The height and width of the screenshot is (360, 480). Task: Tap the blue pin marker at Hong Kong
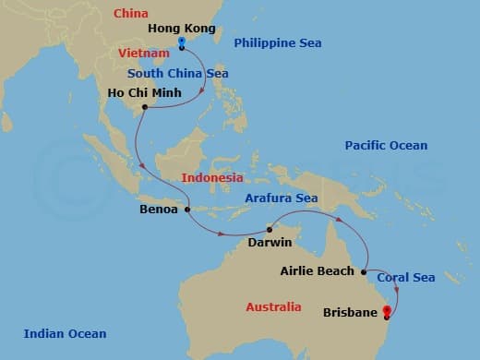(181, 43)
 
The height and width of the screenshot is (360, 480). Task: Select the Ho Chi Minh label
(114, 93)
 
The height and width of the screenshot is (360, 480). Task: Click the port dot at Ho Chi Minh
(145, 108)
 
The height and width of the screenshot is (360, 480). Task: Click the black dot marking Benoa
(187, 210)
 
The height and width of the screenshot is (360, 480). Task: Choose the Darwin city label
(270, 243)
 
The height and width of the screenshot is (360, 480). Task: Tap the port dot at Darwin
(270, 228)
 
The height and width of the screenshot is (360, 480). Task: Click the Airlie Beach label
(317, 271)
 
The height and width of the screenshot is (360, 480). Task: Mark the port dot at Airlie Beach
(367, 270)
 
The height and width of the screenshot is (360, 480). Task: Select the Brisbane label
(351, 313)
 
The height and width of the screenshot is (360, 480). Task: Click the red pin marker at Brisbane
(386, 310)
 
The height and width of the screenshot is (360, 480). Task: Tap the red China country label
(129, 14)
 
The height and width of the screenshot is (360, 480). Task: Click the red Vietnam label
(144, 54)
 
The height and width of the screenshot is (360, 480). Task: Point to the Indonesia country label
(212, 177)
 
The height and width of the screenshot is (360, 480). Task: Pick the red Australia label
(273, 306)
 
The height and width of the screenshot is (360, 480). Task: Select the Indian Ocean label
(65, 334)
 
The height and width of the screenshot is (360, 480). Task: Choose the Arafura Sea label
(281, 198)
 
